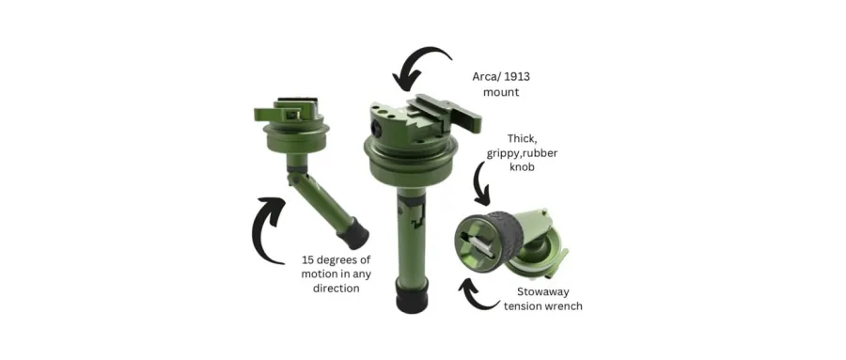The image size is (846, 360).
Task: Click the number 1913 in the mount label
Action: point(516,77)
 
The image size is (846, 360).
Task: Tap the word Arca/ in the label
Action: point(485,77)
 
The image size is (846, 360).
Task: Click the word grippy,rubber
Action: point(523,153)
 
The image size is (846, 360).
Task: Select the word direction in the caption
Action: point(337,289)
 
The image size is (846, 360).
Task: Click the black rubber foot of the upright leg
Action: point(413,296)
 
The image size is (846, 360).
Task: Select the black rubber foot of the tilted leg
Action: point(354,234)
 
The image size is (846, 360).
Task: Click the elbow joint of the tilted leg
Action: point(294,176)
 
